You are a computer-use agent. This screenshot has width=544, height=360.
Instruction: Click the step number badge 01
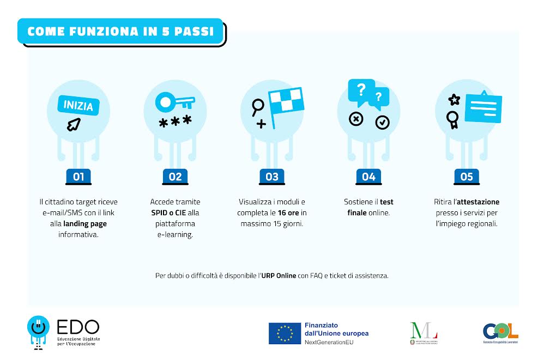coord(78,176)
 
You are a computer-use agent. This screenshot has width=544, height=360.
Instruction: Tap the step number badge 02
coord(175,176)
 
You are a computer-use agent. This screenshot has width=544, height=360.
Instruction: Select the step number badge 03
coord(272,176)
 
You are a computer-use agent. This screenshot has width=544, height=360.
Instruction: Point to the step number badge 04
coord(368,176)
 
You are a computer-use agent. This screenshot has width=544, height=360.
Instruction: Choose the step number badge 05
coord(466,176)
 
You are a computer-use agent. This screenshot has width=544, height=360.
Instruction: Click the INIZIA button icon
coord(78,105)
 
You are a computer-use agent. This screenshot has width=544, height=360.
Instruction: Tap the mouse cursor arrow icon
coord(73,125)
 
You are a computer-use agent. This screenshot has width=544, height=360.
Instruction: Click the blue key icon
coord(174,102)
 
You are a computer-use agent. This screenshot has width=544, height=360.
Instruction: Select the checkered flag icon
coord(286,106)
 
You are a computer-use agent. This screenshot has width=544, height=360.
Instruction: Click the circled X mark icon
coord(356,118)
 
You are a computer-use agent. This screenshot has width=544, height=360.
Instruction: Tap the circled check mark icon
coord(383,123)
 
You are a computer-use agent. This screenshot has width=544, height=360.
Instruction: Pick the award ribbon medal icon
coord(452,119)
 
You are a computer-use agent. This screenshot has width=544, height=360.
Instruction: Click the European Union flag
coord(285,333)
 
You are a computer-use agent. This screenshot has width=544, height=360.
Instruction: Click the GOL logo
coord(500,331)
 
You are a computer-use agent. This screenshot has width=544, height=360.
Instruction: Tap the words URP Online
coord(278,276)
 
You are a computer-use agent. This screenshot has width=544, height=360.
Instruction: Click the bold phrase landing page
coord(86,223)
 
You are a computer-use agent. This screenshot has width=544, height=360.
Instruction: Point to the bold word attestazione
coord(477,202)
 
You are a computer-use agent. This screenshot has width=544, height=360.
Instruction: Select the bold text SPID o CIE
coord(168,212)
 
